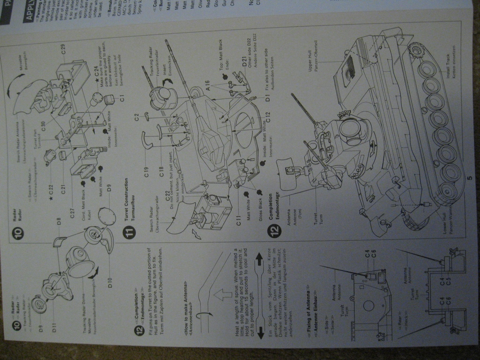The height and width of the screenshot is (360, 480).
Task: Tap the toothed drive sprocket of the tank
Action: click(416, 51)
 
